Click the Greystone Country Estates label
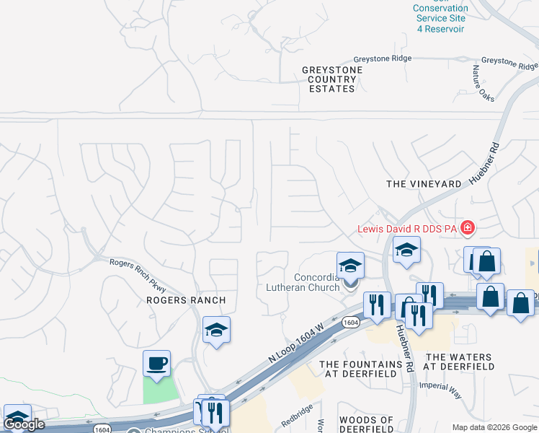click(332, 79)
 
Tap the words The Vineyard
click(424, 184)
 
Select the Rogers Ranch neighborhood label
click(186, 300)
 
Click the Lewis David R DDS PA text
click(408, 229)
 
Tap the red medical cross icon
click(468, 229)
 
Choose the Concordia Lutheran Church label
click(316, 283)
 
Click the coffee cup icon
click(156, 363)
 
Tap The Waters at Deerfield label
click(460, 362)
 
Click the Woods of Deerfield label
click(366, 424)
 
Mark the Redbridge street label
click(296, 418)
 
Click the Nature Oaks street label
click(481, 83)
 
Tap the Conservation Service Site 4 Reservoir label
click(440, 19)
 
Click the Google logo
click(24, 424)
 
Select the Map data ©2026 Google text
click(494, 427)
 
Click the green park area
click(160, 390)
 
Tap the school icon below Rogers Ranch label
click(216, 330)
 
